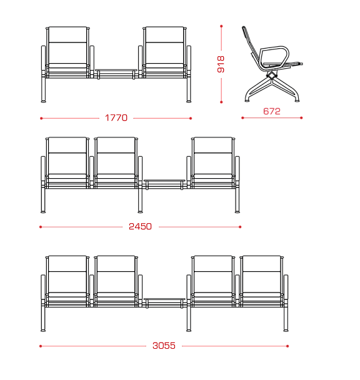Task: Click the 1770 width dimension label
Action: point(116,117)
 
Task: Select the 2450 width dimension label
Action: point(140,226)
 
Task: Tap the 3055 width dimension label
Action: point(164,346)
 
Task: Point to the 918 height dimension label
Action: point(221,64)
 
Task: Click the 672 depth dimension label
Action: point(271,111)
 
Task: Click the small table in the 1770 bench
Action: point(116,71)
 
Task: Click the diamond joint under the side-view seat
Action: point(271,76)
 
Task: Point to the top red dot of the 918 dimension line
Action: point(221,26)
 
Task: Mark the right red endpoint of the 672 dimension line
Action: point(301,117)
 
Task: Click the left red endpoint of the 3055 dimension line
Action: point(41,346)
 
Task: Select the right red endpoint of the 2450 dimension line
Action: point(240,227)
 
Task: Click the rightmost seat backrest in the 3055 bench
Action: point(262,274)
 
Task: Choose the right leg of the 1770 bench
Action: point(189,89)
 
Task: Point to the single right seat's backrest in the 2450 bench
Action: point(213,156)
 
